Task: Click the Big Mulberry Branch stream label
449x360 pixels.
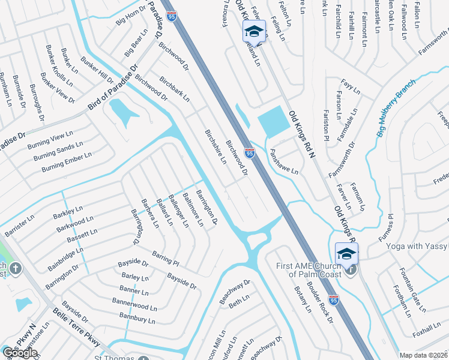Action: pos(396,108)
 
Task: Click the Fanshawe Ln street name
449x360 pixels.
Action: pos(284,162)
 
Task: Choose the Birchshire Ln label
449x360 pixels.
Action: pos(215,147)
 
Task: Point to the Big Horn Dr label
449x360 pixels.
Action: pos(131,15)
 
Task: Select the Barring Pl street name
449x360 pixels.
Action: pos(166,258)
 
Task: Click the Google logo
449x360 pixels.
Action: pos(20,353)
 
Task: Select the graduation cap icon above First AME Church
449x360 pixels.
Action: pos(346,254)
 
